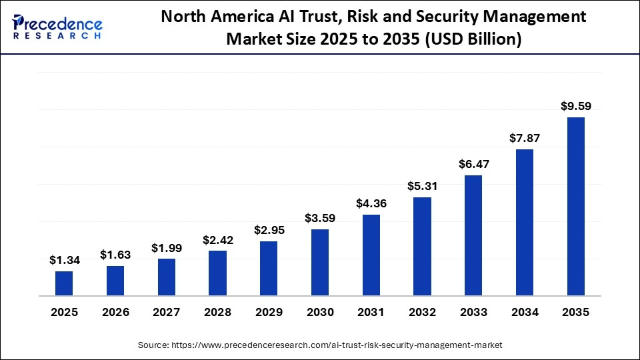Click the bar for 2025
(64, 283)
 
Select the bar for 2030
(320, 262)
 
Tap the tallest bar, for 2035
(575, 206)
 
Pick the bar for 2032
(422, 246)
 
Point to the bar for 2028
(217, 273)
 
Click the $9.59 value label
(575, 105)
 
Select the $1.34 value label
(64, 260)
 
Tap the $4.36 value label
(371, 203)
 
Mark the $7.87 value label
(525, 138)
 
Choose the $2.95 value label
(269, 230)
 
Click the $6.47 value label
(473, 163)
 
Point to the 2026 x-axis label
(115, 312)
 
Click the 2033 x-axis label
(473, 312)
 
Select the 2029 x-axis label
(269, 312)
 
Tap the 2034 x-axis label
(525, 312)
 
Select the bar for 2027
(167, 277)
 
